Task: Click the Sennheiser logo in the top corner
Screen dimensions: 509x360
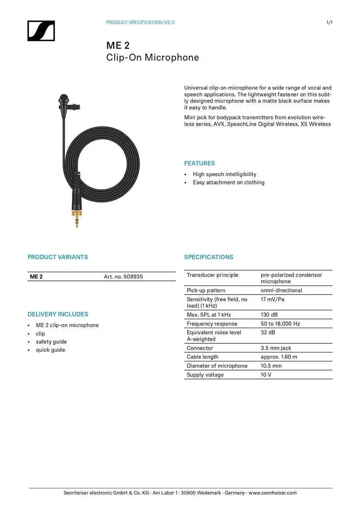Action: click(41, 31)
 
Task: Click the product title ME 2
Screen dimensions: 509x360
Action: click(118, 46)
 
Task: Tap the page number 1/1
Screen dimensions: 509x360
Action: click(329, 22)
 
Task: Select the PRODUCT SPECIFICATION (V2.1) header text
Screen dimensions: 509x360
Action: click(140, 22)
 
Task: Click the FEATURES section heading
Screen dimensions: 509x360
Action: click(199, 163)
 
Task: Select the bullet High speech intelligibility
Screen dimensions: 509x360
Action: click(224, 174)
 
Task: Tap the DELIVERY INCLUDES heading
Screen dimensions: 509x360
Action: click(58, 314)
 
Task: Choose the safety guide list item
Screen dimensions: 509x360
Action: click(51, 342)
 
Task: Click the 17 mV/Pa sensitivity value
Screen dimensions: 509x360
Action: click(272, 299)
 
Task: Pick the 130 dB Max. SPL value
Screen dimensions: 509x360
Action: click(269, 315)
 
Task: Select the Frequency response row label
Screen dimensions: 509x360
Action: click(212, 324)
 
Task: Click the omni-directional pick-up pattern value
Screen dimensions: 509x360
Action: click(281, 291)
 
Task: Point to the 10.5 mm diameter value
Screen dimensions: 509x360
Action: click(271, 366)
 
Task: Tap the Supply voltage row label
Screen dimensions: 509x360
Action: click(205, 375)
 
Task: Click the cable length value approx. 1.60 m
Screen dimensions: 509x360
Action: click(279, 357)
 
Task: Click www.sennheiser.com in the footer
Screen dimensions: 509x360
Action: click(272, 493)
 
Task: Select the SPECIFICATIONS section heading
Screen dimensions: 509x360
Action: click(208, 257)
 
